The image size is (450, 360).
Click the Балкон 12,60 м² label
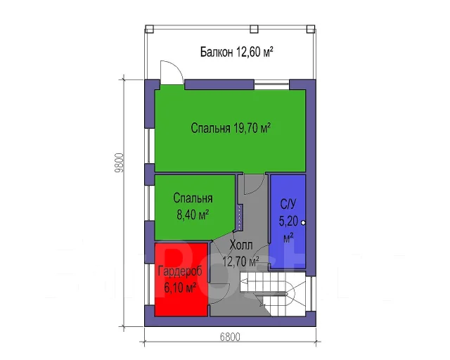[236, 52]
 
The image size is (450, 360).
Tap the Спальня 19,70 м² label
[231, 128]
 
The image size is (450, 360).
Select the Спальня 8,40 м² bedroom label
[193, 207]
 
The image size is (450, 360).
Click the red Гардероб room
[181, 279]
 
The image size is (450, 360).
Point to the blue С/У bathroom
[288, 221]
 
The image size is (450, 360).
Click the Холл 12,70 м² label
[240, 253]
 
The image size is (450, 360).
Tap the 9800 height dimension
[119, 163]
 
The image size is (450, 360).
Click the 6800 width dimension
[230, 337]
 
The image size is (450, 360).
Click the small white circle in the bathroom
[303, 222]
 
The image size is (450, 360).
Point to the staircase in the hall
[272, 292]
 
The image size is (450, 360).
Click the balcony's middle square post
[254, 29]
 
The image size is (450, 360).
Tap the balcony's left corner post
[149, 29]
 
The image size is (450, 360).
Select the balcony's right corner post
[311, 29]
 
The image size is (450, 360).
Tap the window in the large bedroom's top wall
[271, 84]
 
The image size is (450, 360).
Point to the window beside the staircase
[309, 293]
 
